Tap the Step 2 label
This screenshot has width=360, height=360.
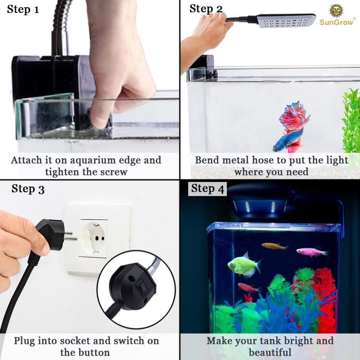(x=206, y=9)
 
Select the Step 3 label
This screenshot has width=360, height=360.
(x=28, y=189)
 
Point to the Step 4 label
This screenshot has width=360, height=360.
(x=207, y=189)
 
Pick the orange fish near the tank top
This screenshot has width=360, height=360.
(x=274, y=246)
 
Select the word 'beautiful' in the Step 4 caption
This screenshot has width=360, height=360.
(x=270, y=351)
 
